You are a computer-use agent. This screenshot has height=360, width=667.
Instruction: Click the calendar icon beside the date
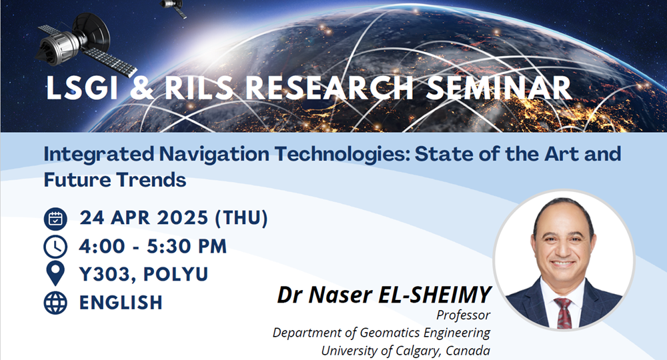(55, 219)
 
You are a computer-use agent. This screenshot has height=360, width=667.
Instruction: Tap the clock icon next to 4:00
(55, 247)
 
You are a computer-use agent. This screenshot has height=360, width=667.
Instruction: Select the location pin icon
(55, 274)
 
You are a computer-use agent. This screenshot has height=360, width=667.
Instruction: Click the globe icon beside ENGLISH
(55, 302)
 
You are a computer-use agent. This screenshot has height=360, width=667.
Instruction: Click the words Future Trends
(115, 179)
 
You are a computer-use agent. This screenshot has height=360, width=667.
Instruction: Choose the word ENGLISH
(121, 302)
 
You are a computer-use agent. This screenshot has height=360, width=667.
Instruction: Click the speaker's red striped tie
(564, 313)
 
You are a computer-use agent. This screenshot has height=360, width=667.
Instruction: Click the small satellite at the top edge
(174, 7)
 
